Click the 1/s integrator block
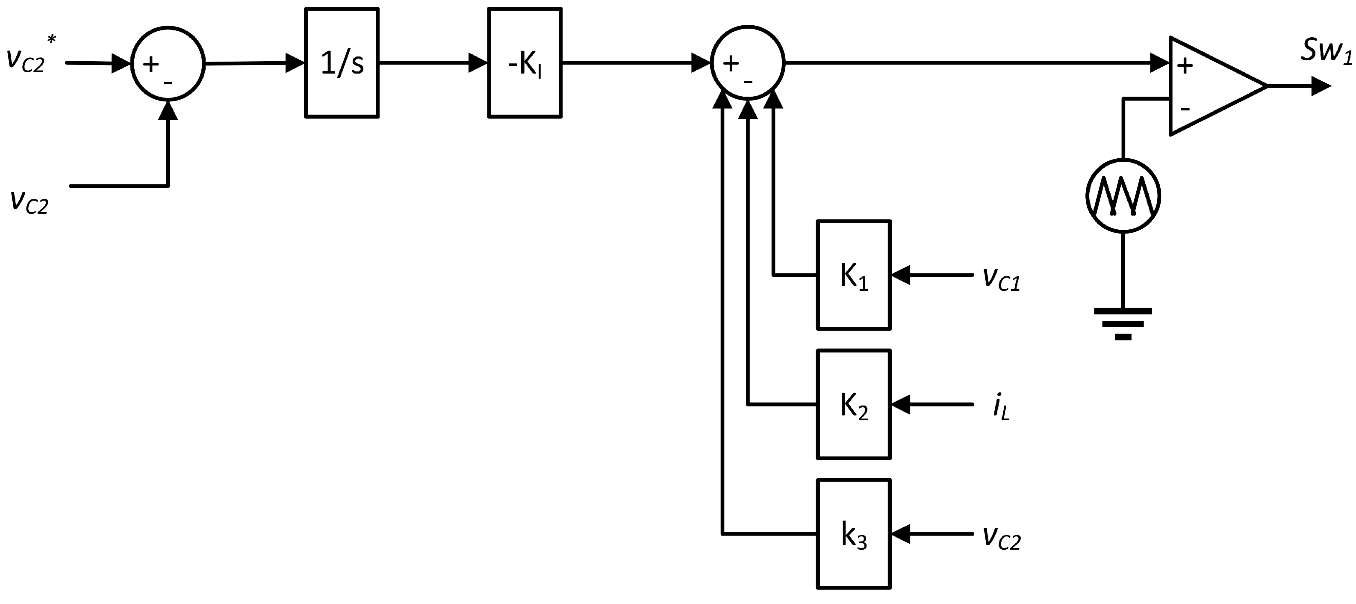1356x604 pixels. (342, 62)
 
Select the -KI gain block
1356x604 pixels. (525, 62)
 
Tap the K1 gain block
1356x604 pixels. (853, 275)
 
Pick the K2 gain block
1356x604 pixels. (853, 404)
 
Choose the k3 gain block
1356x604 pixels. (853, 534)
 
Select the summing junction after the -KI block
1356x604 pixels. (748, 62)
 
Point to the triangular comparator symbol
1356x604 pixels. (1211, 86)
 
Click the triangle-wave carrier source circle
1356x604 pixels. (1123, 196)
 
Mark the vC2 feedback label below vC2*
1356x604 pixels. (29, 201)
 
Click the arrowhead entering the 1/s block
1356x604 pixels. (295, 62)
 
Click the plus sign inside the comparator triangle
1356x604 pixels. (1185, 66)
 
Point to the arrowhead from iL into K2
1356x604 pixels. (901, 404)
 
